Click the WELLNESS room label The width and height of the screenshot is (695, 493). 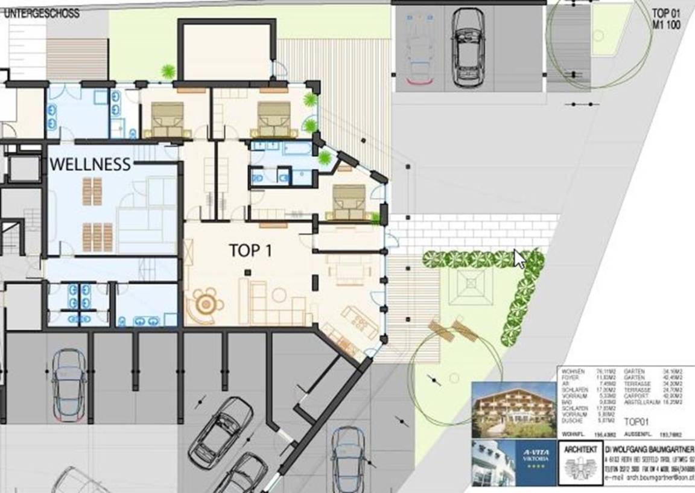click(x=90, y=164)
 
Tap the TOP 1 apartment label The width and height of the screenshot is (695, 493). click(x=250, y=250)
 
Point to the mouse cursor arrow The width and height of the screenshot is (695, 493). click(x=519, y=258)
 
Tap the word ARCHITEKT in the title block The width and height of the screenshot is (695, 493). click(x=582, y=450)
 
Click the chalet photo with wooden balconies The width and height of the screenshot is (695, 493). click(x=514, y=409)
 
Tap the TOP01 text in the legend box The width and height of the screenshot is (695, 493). click(x=639, y=423)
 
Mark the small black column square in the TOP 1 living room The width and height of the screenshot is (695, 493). click(x=247, y=273)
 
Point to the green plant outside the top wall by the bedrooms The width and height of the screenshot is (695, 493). click(x=168, y=71)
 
